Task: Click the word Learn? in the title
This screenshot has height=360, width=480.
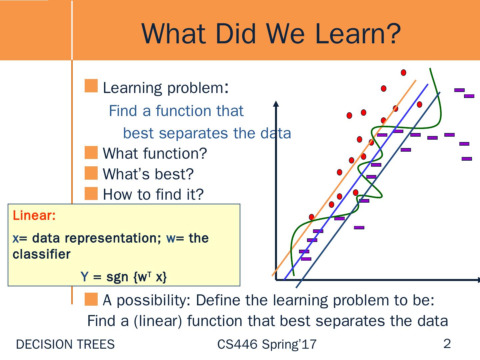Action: (x=358, y=34)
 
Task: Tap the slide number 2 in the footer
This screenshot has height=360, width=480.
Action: (x=447, y=344)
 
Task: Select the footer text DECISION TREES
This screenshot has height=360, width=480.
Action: (x=65, y=344)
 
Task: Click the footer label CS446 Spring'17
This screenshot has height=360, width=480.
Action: (x=267, y=344)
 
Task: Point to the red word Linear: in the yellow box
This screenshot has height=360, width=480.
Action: (x=34, y=215)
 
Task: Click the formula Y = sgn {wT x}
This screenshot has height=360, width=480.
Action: (x=124, y=277)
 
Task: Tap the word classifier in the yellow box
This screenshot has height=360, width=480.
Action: (x=42, y=254)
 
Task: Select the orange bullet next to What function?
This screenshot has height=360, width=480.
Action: (x=91, y=153)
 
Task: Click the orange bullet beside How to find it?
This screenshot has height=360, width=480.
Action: (x=91, y=193)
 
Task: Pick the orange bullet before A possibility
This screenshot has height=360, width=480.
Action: (x=91, y=299)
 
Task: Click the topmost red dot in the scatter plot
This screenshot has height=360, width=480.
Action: (x=403, y=73)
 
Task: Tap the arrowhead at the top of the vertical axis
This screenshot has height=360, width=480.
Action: (x=276, y=103)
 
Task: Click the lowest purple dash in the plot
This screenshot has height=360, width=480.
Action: (x=306, y=259)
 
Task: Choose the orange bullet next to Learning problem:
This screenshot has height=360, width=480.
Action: (x=91, y=86)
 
